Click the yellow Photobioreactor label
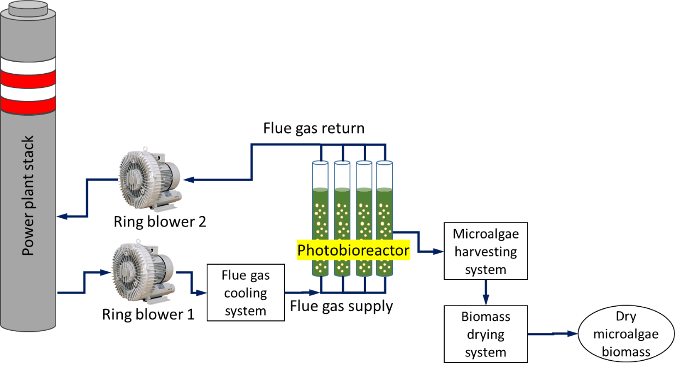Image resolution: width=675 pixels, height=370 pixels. (353, 250)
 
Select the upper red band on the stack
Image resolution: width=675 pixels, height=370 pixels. (28, 79)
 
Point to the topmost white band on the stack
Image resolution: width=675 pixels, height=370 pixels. (28, 65)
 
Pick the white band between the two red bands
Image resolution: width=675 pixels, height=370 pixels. (28, 92)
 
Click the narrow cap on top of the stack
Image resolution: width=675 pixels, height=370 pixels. (28, 7)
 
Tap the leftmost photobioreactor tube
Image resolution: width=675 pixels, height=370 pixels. (320, 218)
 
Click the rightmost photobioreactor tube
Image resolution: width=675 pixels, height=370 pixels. (384, 218)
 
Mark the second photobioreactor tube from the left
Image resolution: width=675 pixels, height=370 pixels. (342, 218)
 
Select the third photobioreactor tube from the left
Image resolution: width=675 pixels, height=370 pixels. (363, 218)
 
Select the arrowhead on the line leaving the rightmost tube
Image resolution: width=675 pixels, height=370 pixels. (439, 252)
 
